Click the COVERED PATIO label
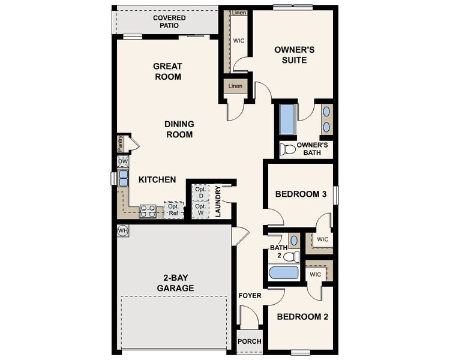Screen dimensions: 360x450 169,22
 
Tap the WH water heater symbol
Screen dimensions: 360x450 123,230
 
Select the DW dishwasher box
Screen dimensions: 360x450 123,161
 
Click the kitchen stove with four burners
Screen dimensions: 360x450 148,211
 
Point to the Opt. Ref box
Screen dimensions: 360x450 174,209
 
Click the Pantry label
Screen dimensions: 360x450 121,143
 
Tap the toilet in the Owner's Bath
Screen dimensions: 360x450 287,149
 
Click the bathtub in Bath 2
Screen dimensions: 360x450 284,273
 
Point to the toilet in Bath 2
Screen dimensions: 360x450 292,257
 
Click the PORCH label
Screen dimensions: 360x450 250,341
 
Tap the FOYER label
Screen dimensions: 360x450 250,296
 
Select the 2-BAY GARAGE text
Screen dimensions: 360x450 176,283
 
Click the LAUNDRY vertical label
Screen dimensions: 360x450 218,202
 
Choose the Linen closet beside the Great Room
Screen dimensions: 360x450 235,86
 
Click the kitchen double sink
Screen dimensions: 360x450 123,178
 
